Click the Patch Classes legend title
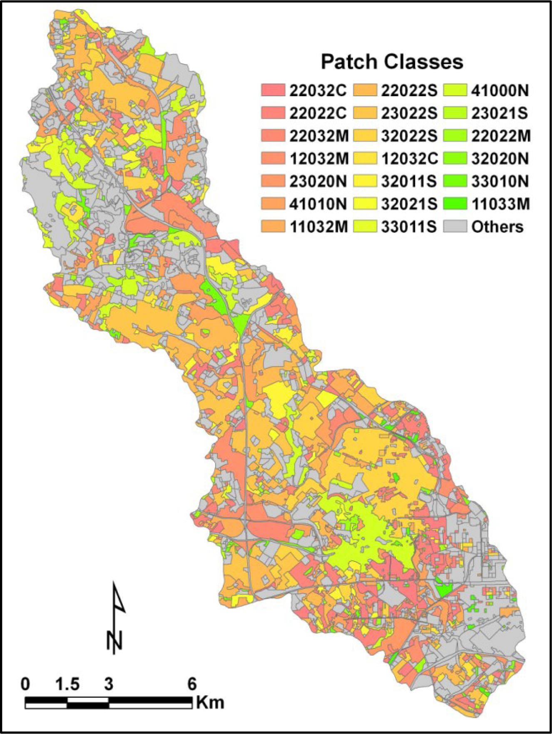point(391,62)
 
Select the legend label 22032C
point(318,91)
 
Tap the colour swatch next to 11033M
point(455,204)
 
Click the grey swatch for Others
point(455,227)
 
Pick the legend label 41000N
point(500,91)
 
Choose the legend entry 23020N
point(318,181)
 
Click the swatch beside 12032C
point(365,159)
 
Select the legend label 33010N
point(500,181)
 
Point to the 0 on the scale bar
point(25,684)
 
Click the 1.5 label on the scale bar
point(67,684)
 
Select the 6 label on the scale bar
point(191,684)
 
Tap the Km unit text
point(210,703)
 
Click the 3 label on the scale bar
point(109,684)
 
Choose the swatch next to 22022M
point(455,136)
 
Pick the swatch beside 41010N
point(273,204)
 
